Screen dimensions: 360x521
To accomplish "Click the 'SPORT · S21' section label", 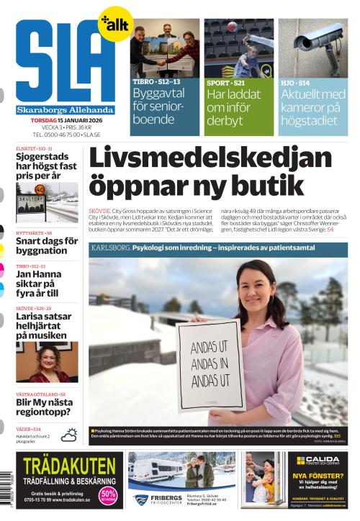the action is [x=223, y=83].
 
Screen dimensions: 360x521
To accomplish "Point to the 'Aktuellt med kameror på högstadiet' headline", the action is [x=312, y=107].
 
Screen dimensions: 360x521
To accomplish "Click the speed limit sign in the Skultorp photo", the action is [x=39, y=191].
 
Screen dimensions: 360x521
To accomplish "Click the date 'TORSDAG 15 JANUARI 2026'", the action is [x=66, y=119].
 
